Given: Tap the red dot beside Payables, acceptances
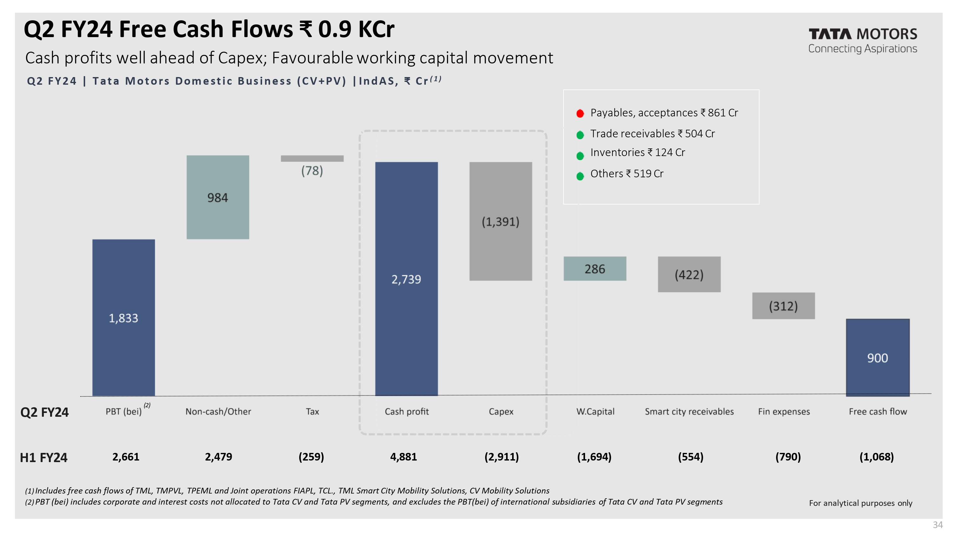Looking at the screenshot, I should point(580,114).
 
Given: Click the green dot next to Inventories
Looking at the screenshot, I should point(580,156).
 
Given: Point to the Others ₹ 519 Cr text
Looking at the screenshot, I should point(627,173).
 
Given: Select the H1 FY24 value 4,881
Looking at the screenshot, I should point(403,457).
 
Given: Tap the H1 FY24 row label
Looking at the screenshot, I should point(44,458).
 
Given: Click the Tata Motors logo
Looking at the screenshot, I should point(862,40).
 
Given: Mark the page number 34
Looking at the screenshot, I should point(938,525).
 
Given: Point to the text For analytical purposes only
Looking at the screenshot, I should point(860,503).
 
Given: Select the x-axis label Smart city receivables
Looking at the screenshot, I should point(689,411).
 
